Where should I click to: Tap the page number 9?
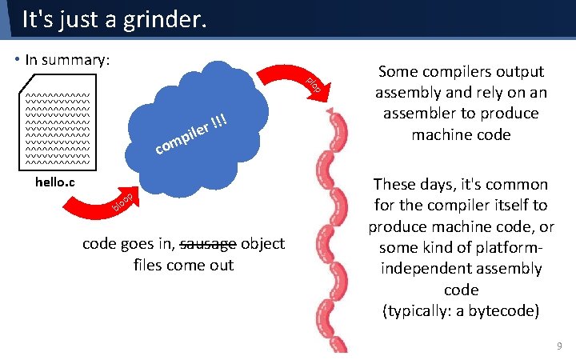(x=558, y=346)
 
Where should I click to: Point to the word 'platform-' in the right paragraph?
(x=501, y=247)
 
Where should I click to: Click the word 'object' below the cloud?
(x=262, y=244)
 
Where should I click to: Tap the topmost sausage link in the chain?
(x=337, y=128)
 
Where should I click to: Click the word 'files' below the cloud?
(x=148, y=265)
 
